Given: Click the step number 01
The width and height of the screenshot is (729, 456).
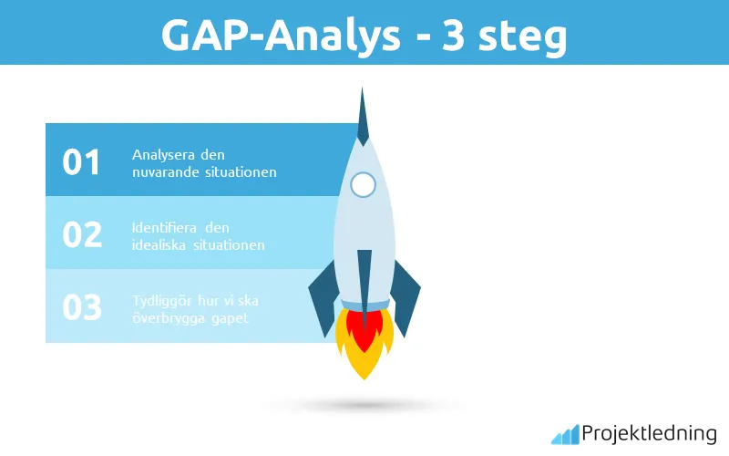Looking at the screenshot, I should tap(81, 161).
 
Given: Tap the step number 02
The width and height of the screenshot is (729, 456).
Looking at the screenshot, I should tap(81, 234).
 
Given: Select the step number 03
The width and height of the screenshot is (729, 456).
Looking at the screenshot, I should tap(81, 307).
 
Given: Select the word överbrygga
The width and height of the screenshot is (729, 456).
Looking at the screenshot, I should tap(169, 318).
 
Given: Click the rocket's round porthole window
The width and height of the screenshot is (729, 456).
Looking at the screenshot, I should tap(364, 184).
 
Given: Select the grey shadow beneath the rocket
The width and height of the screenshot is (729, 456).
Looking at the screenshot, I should tap(364, 404).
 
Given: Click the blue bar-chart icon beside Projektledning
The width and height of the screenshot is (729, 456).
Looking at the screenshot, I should tap(565, 433).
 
